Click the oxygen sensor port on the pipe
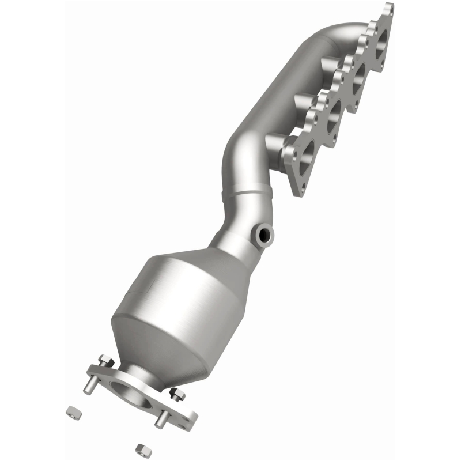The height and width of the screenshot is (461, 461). click(x=266, y=234)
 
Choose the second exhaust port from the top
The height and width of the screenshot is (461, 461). click(x=358, y=76)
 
